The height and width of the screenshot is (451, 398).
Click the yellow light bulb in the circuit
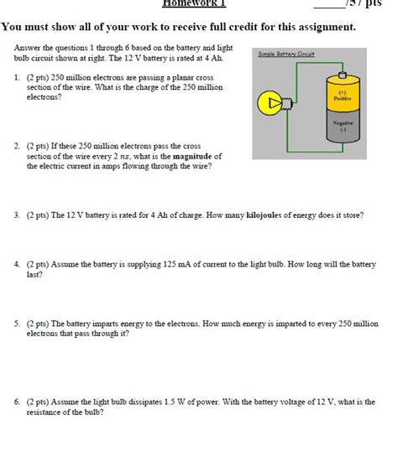click(271, 103)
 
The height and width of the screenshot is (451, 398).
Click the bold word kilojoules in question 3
click(265, 215)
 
